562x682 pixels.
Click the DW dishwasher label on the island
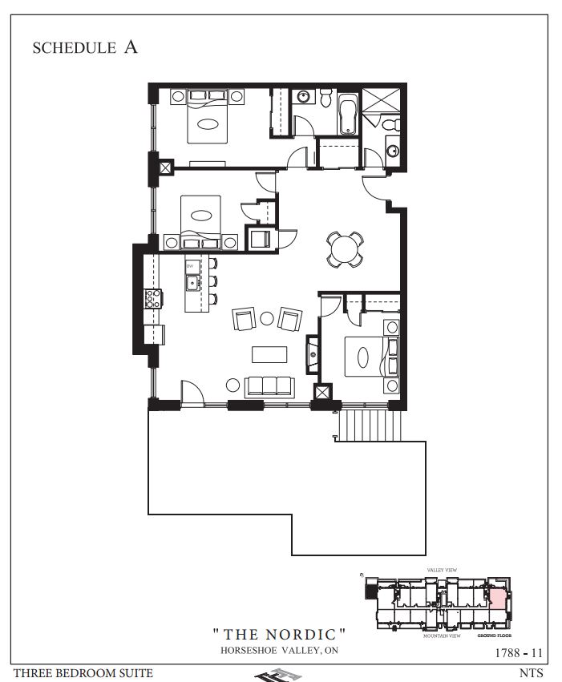[191, 265]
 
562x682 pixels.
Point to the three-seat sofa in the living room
[268, 385]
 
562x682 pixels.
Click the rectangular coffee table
[268, 353]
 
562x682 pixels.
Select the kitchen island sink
[192, 283]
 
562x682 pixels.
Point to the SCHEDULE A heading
[84, 47]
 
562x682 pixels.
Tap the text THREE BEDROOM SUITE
[83, 674]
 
